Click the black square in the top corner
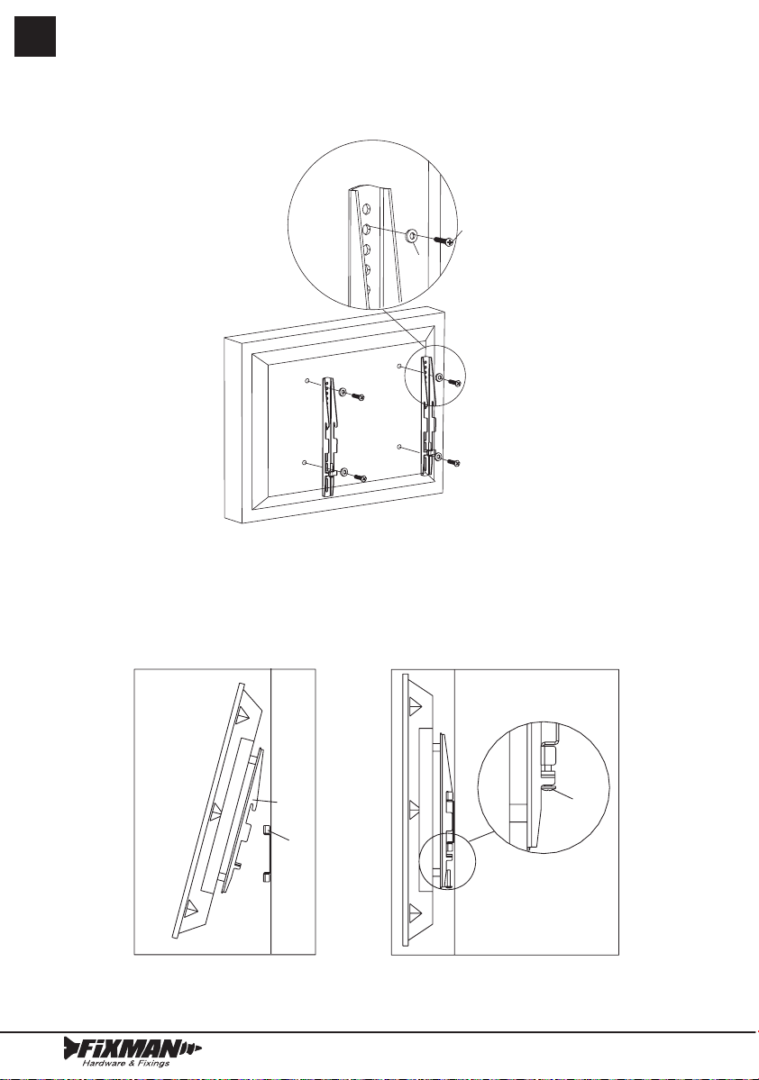[35, 36]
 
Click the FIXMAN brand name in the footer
[131, 1048]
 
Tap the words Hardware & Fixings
[126, 1064]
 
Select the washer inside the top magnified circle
[412, 236]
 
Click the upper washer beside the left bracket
[343, 392]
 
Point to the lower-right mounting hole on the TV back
[400, 447]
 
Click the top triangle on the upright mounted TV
[415, 704]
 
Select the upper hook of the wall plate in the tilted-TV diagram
[267, 830]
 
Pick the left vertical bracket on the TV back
[328, 437]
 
